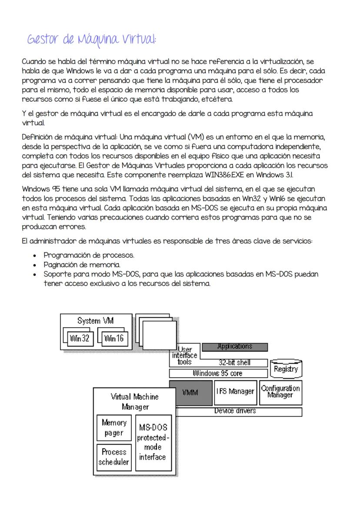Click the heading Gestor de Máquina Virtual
click(91, 40)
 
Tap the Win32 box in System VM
click(80, 338)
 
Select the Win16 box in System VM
click(113, 338)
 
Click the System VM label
click(95, 321)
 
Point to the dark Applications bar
click(234, 346)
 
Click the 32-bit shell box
click(234, 363)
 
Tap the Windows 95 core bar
click(217, 373)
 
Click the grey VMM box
click(190, 392)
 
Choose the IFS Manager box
click(235, 392)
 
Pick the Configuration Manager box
click(280, 392)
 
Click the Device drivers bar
click(235, 411)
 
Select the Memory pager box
click(114, 428)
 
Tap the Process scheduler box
click(114, 457)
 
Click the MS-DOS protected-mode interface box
click(152, 442)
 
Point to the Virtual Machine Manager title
click(135, 402)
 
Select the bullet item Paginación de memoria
click(81, 265)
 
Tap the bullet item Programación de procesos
click(89, 255)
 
